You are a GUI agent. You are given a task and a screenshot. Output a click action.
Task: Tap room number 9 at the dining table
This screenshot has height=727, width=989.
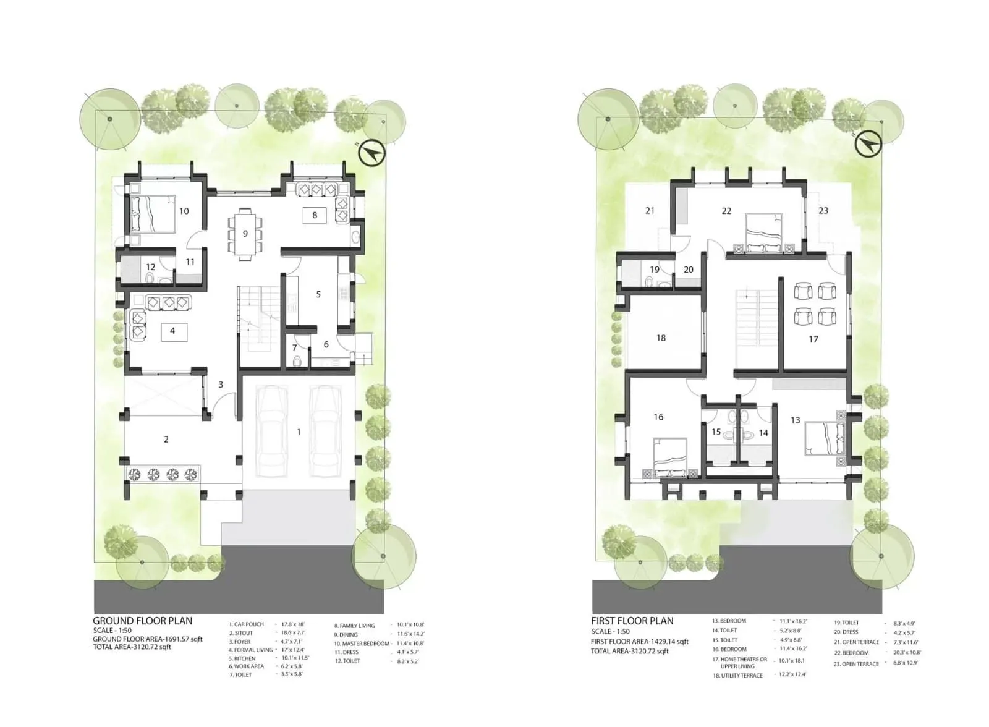click(245, 234)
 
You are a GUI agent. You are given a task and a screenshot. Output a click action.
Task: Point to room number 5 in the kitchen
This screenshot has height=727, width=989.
click(318, 294)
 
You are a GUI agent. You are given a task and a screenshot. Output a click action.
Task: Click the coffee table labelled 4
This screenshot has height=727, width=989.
click(172, 331)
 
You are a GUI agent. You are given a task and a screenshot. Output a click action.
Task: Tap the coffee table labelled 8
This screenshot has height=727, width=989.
click(315, 215)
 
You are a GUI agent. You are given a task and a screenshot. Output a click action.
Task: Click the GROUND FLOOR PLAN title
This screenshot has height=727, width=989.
click(142, 621)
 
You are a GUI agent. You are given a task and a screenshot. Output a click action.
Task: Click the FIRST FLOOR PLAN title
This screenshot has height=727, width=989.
click(632, 621)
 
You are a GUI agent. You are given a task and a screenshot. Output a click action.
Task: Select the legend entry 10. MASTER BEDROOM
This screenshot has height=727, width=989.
click(362, 644)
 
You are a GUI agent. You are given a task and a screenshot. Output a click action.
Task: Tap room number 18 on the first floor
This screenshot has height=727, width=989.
click(661, 338)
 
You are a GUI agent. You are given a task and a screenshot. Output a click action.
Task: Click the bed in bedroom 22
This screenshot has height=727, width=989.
click(765, 234)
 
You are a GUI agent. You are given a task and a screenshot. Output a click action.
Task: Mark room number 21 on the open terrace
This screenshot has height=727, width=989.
click(650, 211)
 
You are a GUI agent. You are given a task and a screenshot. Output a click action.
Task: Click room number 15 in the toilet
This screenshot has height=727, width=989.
click(716, 432)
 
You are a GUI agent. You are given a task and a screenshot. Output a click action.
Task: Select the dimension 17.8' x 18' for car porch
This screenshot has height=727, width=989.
click(293, 624)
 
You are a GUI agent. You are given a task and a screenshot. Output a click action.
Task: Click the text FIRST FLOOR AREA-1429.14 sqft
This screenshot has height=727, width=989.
click(639, 642)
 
